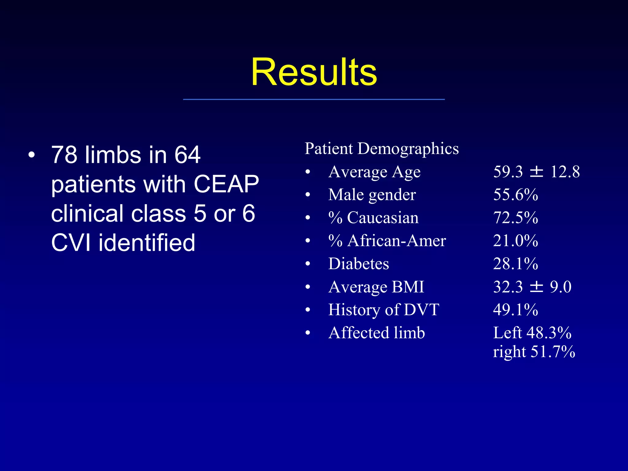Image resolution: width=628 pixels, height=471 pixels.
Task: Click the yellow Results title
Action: pyautogui.click(x=314, y=72)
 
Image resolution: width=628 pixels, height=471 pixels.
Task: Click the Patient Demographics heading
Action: pyautogui.click(x=381, y=149)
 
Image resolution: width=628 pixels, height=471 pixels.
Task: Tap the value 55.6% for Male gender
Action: pyautogui.click(x=515, y=195)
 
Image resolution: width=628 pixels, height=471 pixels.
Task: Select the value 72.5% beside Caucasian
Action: pyautogui.click(x=515, y=218)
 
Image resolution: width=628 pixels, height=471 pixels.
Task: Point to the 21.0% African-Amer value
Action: pyautogui.click(x=515, y=241)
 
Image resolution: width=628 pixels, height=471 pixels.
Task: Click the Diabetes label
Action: pyautogui.click(x=358, y=264)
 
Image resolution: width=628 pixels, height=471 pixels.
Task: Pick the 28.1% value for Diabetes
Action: pyautogui.click(x=515, y=264)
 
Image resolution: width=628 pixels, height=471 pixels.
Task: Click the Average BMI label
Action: pyautogui.click(x=376, y=287)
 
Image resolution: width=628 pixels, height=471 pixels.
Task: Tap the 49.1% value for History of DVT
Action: pyautogui.click(x=515, y=310)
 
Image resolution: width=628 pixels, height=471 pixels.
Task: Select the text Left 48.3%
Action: pyautogui.click(x=532, y=333)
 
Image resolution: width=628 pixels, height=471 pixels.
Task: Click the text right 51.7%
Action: pyautogui.click(x=534, y=351)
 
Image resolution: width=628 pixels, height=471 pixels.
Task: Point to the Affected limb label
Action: pyautogui.click(x=377, y=333)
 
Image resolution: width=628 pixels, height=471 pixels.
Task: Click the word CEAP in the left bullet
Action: pyautogui.click(x=226, y=184)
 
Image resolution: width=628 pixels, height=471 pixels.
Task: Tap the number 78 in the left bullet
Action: pyautogui.click(x=64, y=155)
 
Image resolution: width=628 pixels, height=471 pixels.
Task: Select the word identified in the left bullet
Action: pyautogui.click(x=147, y=243)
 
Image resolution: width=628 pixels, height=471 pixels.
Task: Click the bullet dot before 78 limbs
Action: pyautogui.click(x=32, y=155)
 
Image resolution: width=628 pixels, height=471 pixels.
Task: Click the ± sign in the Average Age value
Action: pyautogui.click(x=537, y=172)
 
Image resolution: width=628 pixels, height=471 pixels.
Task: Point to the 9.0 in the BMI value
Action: pyautogui.click(x=561, y=287)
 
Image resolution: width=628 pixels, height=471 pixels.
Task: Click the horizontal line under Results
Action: pyautogui.click(x=314, y=99)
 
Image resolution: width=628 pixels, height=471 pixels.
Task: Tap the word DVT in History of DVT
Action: pyautogui.click(x=422, y=310)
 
